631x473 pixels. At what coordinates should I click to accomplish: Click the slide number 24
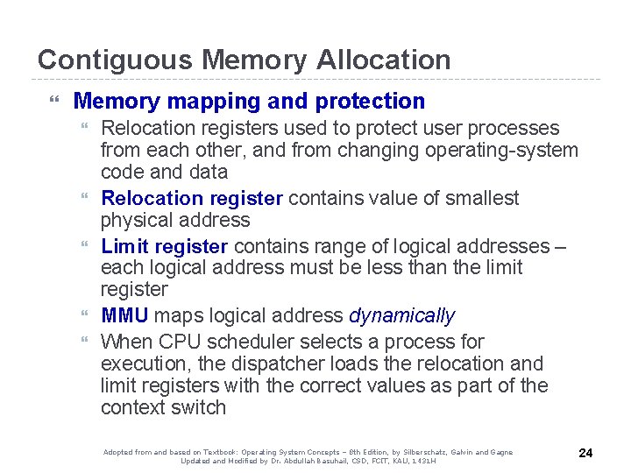tap(586, 453)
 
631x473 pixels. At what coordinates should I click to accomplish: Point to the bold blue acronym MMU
tap(124, 315)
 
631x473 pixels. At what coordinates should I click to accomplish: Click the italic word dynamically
tap(402, 315)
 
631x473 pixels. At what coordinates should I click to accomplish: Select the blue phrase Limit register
tap(165, 246)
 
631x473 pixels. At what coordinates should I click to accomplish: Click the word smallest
tap(481, 198)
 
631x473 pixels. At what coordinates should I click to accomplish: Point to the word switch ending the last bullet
tap(198, 407)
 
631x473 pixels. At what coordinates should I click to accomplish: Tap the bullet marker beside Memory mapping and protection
tap(58, 102)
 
